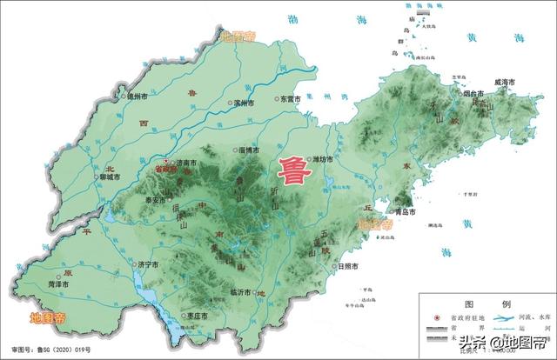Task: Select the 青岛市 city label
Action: (x=402, y=211)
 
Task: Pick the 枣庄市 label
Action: (x=197, y=317)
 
